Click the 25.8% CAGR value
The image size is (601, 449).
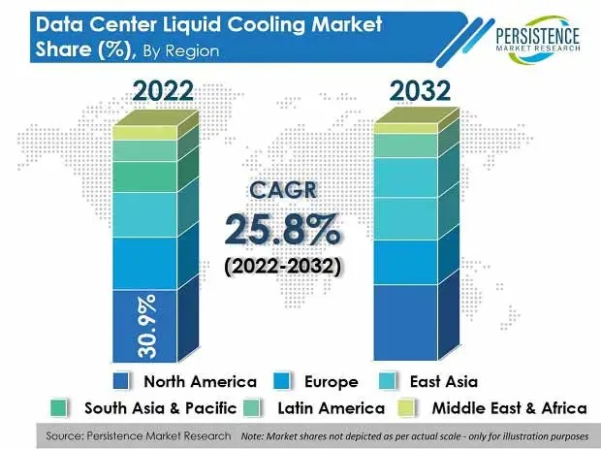[x=282, y=228]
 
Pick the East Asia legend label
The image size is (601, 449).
[x=443, y=381]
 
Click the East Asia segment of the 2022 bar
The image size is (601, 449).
[x=145, y=213]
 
